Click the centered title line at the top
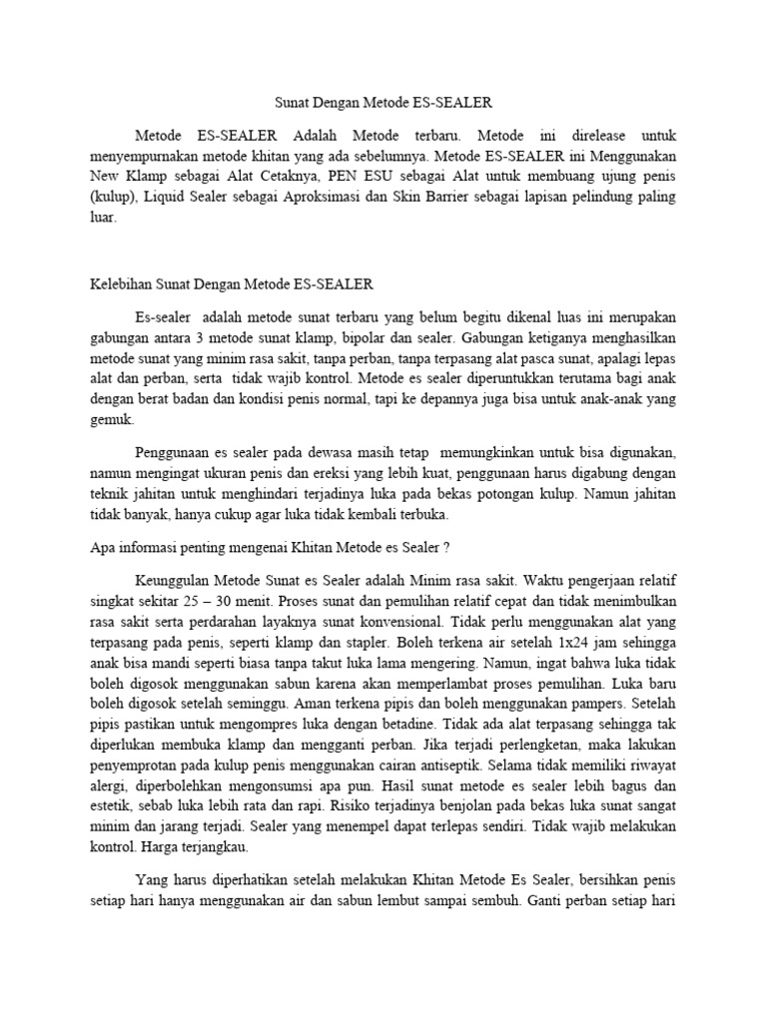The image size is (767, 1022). click(383, 102)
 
